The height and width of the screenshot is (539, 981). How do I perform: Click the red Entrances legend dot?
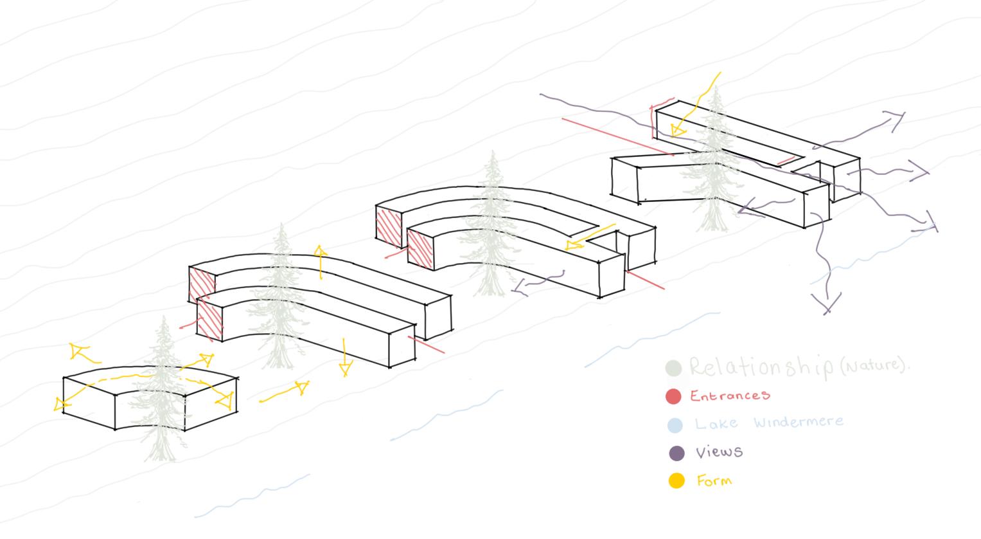pyautogui.click(x=673, y=397)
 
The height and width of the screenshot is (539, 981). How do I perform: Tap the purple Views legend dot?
pyautogui.click(x=676, y=453)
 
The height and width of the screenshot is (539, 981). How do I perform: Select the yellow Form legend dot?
pyautogui.click(x=676, y=480)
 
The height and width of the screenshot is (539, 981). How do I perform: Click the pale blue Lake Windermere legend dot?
pyautogui.click(x=674, y=425)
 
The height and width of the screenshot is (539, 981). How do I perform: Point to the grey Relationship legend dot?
pyautogui.click(x=673, y=369)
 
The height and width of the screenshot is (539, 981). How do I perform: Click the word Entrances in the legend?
pyautogui.click(x=730, y=395)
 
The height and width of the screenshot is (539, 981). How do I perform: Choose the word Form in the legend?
pyautogui.click(x=714, y=480)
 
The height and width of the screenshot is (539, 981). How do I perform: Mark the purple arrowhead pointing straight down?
pyautogui.click(x=826, y=302)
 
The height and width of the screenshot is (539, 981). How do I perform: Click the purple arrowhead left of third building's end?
pyautogui.click(x=519, y=288)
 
